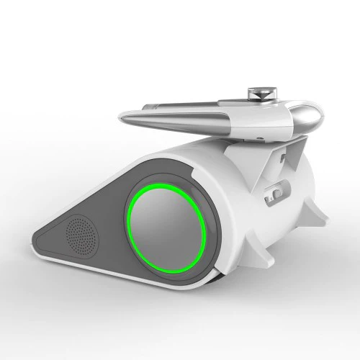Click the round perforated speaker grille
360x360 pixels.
point(81,233)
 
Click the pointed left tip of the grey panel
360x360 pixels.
point(36,238)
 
